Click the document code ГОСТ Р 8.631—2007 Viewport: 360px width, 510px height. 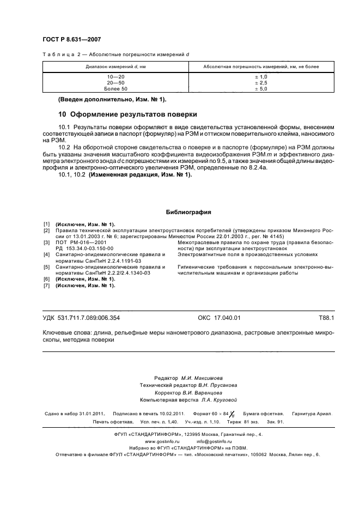click(x=71, y=39)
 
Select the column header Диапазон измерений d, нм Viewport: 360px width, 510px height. click(x=115, y=66)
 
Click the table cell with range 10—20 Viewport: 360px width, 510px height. click(x=115, y=77)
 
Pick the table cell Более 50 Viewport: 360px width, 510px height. click(x=115, y=88)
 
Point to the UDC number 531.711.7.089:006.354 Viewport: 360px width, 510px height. click(x=92, y=317)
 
